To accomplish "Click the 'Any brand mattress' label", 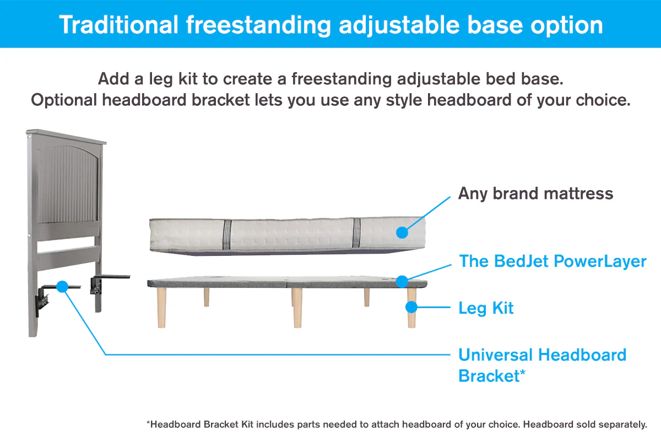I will [535, 194].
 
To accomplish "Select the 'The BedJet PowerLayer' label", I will [552, 261].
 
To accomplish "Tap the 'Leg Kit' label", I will [486, 308].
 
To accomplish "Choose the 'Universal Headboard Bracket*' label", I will [542, 364].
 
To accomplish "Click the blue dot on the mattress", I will [402, 233].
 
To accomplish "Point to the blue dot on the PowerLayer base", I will [402, 281].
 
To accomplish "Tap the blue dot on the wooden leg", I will [411, 308].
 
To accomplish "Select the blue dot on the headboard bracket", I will [62, 286].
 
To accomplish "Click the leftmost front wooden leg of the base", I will [161, 308].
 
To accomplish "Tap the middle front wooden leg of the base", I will [297, 308].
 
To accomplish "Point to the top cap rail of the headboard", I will [66, 137].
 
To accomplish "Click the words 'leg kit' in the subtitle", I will [173, 79].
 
